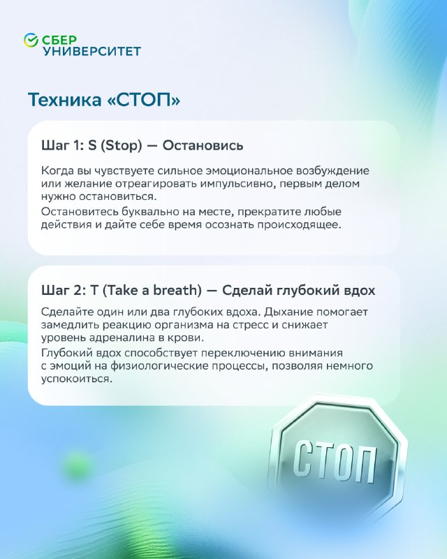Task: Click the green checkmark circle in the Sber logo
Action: click(31, 40)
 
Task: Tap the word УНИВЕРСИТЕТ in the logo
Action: click(92, 51)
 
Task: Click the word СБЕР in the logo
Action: click(59, 40)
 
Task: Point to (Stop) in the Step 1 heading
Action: click(122, 146)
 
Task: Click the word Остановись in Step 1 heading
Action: click(203, 145)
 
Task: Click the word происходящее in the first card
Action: click(299, 225)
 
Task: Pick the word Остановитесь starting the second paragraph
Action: click(80, 212)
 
